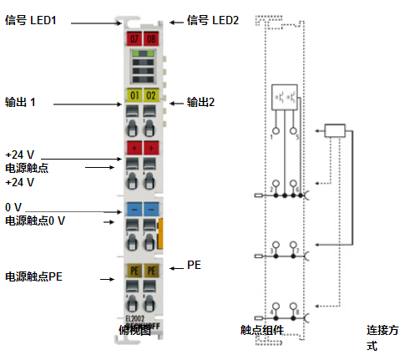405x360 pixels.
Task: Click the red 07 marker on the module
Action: coord(134,38)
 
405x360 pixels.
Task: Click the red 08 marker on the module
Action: coord(150,38)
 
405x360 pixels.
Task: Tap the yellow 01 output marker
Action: coord(134,96)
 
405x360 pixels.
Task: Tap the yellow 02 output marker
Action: coord(150,96)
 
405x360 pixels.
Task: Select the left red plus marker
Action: coord(134,148)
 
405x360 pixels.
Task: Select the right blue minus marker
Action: coord(150,207)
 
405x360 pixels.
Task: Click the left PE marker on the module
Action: coord(134,271)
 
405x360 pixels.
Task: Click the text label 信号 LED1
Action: coord(31,20)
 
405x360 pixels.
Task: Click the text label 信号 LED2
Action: coord(214,20)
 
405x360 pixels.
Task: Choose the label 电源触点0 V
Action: coord(35,221)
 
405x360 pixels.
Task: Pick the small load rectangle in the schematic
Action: coord(335,129)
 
